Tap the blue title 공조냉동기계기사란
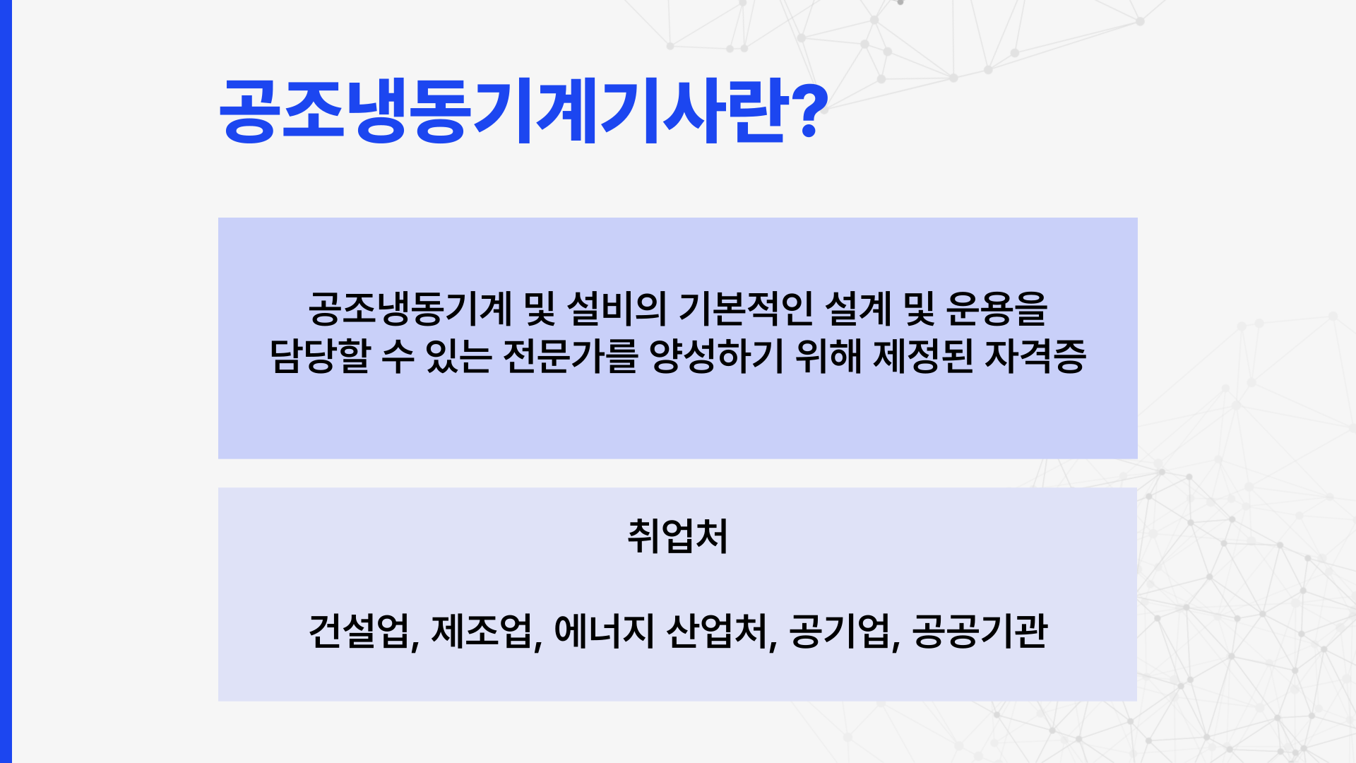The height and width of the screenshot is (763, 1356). pyautogui.click(x=504, y=112)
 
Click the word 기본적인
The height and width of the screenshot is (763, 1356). pyautogui.click(x=746, y=309)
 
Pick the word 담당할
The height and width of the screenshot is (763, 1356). pyautogui.click(x=320, y=356)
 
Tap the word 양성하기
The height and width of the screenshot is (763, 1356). pyautogui.click(x=717, y=356)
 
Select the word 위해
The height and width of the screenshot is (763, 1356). pyautogui.click(x=828, y=356)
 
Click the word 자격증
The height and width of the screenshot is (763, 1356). pyautogui.click(x=1035, y=356)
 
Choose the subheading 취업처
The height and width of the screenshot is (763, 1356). pyautogui.click(x=677, y=536)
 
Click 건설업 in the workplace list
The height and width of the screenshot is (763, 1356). pyautogui.click(x=359, y=631)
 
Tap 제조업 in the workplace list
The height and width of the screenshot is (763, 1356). pyautogui.click(x=482, y=631)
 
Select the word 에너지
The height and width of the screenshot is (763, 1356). pyautogui.click(x=605, y=631)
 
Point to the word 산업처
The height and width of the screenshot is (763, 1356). pyautogui.click(x=717, y=631)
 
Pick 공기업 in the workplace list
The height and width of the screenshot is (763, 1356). pyautogui.click(x=839, y=631)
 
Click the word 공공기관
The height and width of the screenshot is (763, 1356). pyautogui.click(x=980, y=631)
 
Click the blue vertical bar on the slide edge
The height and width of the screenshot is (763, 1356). pyautogui.click(x=6, y=381)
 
